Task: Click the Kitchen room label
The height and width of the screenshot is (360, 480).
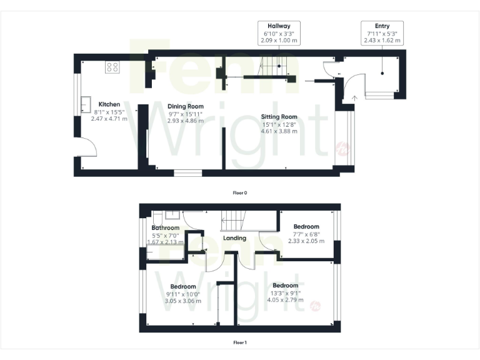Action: tap(109, 104)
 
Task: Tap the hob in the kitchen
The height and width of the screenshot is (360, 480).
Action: tap(112, 67)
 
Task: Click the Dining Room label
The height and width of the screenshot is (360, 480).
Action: tap(186, 107)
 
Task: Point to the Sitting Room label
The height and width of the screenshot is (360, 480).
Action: tap(279, 117)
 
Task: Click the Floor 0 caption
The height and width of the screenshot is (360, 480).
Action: tap(240, 192)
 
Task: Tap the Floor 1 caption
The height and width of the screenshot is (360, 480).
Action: tap(240, 342)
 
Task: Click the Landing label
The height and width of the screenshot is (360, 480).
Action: tap(234, 237)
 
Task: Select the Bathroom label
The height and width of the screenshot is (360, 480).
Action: tap(165, 228)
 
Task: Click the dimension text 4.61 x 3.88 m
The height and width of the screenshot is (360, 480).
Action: tap(279, 131)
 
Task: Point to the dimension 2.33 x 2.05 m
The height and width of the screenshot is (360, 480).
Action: tap(306, 241)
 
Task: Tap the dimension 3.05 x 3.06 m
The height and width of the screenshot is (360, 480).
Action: tap(184, 301)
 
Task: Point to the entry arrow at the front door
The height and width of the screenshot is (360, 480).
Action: tap(354, 97)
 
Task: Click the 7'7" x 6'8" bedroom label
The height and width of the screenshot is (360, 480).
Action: tap(306, 227)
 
